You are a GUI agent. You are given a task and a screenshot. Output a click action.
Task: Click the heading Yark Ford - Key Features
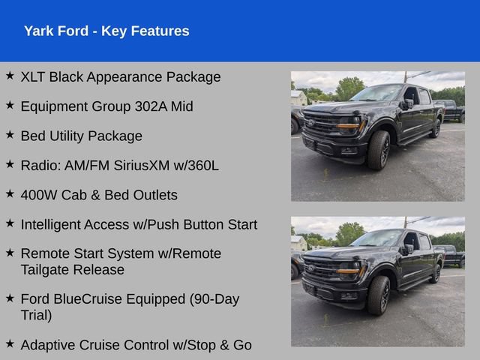click(x=106, y=31)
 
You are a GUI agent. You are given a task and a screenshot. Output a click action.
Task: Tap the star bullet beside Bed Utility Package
click(x=10, y=134)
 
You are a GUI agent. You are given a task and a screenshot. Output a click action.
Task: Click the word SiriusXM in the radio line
click(x=142, y=166)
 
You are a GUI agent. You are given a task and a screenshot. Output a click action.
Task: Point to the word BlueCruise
click(x=89, y=299)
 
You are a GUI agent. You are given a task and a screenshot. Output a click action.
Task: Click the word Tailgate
click(x=45, y=270)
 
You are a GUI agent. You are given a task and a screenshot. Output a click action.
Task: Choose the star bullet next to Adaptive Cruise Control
click(x=10, y=343)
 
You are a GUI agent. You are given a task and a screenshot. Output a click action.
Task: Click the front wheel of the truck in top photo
click(x=379, y=150)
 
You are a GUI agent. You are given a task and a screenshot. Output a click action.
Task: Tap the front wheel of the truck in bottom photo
click(x=379, y=295)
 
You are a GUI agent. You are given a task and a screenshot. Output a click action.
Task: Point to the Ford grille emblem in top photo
click(x=311, y=123)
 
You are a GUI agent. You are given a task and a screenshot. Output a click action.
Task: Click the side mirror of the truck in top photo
click(x=408, y=103)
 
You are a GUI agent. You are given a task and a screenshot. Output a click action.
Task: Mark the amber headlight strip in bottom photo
click(x=348, y=271)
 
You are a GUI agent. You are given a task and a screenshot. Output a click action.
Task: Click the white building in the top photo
click(x=298, y=98)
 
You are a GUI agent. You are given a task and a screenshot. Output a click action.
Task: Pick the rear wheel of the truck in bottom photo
click(x=436, y=273)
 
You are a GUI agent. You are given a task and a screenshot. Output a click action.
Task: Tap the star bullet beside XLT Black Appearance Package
click(x=10, y=75)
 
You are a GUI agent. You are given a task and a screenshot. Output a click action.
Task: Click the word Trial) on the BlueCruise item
click(x=37, y=315)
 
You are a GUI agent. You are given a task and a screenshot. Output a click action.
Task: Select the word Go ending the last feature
click(x=242, y=345)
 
